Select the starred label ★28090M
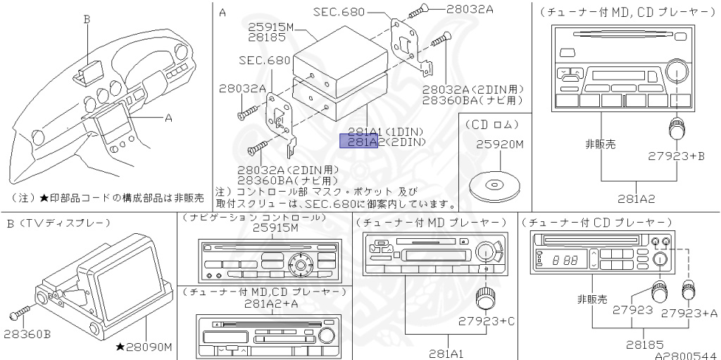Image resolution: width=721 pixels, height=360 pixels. click(144, 347)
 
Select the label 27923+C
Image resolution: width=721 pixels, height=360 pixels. click(487, 321)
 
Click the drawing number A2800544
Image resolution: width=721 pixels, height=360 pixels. click(685, 355)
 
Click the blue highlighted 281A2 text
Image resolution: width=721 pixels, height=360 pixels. click(359, 142)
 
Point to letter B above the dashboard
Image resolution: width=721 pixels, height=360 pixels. click(87, 20)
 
